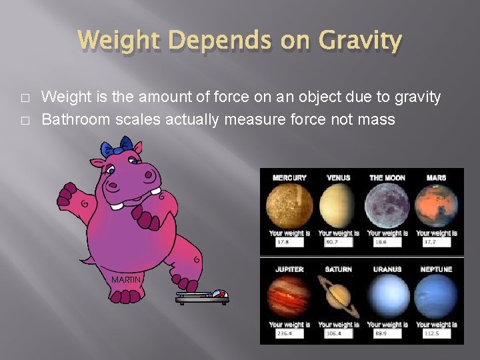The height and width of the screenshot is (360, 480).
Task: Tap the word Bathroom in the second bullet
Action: pyautogui.click(x=75, y=120)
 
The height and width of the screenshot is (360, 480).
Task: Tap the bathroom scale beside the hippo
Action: pyautogui.click(x=203, y=298)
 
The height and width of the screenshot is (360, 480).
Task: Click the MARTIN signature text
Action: pyautogui.click(x=126, y=279)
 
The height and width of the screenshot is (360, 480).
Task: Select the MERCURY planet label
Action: pyautogui.click(x=289, y=178)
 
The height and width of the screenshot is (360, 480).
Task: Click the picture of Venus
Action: pyautogui.click(x=338, y=206)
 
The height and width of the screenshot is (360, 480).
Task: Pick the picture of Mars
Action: pyautogui.click(x=436, y=206)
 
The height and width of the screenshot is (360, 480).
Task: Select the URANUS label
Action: pyautogui.click(x=387, y=269)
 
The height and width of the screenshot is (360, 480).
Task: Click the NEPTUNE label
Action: pyautogui.click(x=436, y=269)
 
